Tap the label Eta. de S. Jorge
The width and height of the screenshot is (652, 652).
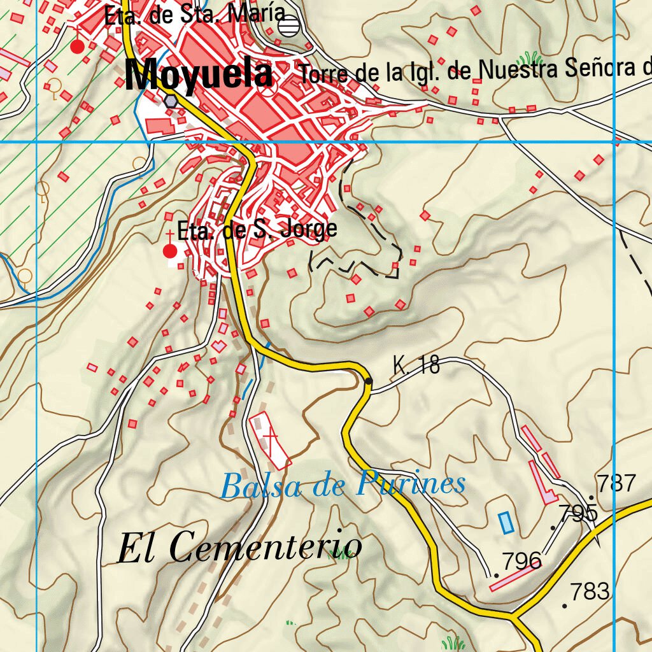pyautogui.click(x=257, y=230)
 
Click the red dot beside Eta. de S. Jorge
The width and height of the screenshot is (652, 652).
pyautogui.click(x=170, y=251)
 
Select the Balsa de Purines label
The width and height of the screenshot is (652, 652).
pyautogui.click(x=343, y=485)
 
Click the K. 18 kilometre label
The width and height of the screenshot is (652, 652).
pyautogui.click(x=416, y=365)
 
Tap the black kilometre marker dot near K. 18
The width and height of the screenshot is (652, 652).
pyautogui.click(x=369, y=381)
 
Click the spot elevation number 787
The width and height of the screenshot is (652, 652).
pyautogui.click(x=616, y=483)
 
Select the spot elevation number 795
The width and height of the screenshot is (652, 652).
pyautogui.click(x=578, y=513)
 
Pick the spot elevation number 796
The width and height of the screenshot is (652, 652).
pyautogui.click(x=521, y=562)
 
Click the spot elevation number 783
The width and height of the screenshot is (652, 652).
pyautogui.click(x=590, y=592)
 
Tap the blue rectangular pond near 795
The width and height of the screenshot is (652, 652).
pyautogui.click(x=506, y=523)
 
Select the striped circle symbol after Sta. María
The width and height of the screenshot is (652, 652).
pyautogui.click(x=289, y=25)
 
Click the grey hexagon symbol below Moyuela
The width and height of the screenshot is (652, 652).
pyautogui.click(x=170, y=101)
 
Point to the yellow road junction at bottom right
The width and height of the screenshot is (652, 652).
pyautogui.click(x=513, y=616)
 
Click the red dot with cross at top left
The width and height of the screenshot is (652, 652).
pyautogui.click(x=77, y=46)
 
